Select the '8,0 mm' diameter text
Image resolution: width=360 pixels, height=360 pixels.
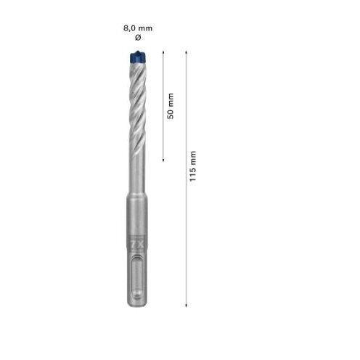click(138, 28)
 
